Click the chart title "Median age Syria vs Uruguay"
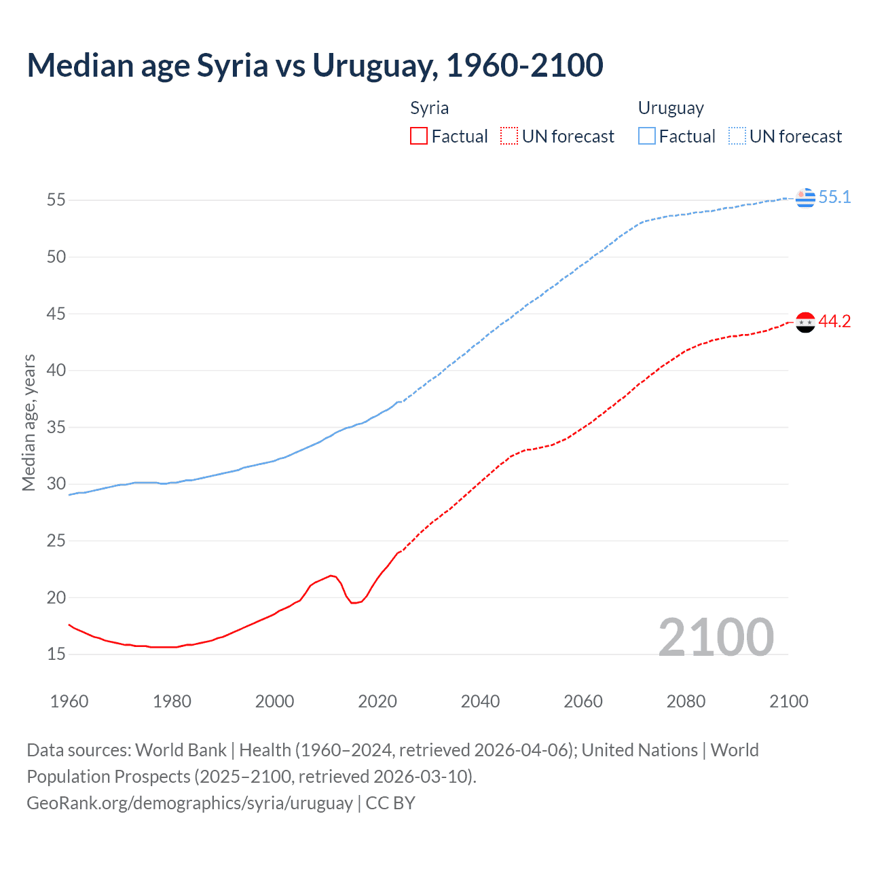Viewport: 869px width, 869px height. tap(315, 65)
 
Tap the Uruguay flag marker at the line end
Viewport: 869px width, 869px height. tap(805, 198)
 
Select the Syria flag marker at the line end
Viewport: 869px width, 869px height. tap(805, 322)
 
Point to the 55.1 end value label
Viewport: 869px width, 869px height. tap(834, 197)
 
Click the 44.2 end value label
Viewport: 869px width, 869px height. tap(834, 322)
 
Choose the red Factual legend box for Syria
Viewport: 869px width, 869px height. tap(419, 136)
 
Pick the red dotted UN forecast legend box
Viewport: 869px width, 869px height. tap(509, 136)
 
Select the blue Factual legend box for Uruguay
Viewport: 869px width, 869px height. tap(647, 136)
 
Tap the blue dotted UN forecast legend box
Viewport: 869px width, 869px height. tap(737, 136)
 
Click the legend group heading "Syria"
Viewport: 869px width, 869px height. tap(429, 108)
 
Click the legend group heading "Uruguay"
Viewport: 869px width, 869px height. tap(671, 108)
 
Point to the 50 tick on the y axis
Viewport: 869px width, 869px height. tap(56, 257)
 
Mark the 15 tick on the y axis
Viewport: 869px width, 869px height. tap(56, 654)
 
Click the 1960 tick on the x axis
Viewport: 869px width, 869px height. tap(69, 701)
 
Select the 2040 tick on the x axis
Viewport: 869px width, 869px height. tap(480, 701)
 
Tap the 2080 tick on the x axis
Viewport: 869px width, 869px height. tap(686, 701)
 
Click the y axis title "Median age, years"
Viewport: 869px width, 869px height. tap(29, 422)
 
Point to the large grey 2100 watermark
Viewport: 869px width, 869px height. tap(716, 637)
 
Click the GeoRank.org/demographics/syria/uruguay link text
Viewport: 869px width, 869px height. tap(190, 803)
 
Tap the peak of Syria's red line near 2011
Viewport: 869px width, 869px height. tap(331, 576)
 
